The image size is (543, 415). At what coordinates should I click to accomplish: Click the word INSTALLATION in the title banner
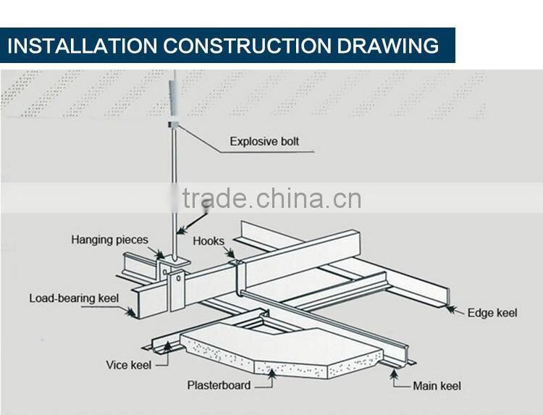(x=82, y=46)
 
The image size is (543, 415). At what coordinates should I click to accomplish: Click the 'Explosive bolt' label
(x=264, y=141)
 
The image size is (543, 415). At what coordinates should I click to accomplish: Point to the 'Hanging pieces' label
(x=109, y=240)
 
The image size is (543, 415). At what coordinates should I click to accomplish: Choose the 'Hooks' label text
(x=209, y=241)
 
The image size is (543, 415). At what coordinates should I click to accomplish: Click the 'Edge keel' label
(x=492, y=313)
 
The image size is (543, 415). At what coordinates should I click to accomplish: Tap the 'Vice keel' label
(x=129, y=364)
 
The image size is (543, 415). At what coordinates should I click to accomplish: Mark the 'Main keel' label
(x=437, y=386)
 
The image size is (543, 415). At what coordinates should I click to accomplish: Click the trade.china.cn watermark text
(x=271, y=198)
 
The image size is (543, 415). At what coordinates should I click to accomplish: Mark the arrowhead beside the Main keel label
(x=397, y=376)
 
